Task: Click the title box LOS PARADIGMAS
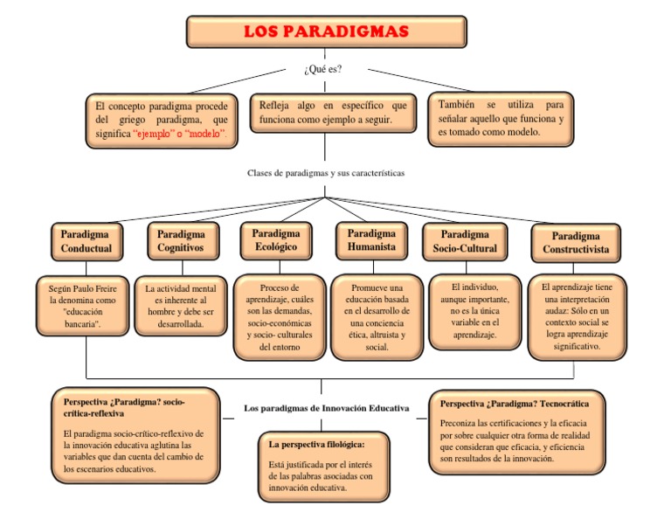point(326,32)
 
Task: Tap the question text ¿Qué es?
point(323,69)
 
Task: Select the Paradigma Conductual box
point(86,241)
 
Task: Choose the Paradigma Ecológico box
point(276,240)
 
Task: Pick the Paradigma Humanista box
point(371,240)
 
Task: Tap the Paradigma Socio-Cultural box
point(465,241)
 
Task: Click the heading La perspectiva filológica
point(317,444)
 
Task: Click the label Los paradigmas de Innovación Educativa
point(326,408)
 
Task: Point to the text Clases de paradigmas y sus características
point(326,173)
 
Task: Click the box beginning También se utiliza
point(501,118)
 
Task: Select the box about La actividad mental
point(181,306)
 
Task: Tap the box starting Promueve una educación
point(377,317)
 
